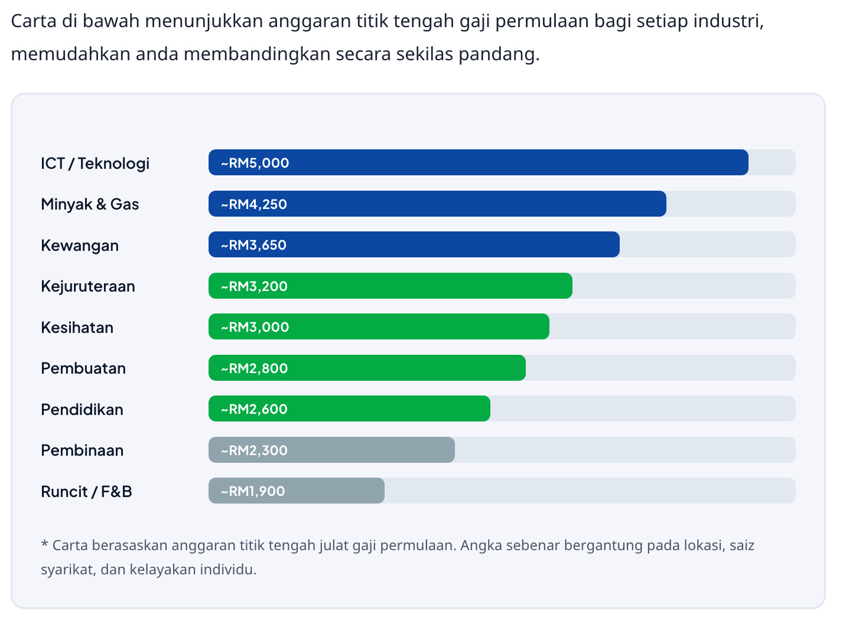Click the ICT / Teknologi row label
(95, 163)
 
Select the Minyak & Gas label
(90, 204)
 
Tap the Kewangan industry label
(80, 245)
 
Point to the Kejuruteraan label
(88, 286)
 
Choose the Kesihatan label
(77, 327)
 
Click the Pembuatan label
(83, 368)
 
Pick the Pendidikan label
(82, 409)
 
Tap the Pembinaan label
(82, 450)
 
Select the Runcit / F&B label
(86, 491)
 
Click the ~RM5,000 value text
(255, 163)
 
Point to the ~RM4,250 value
(254, 204)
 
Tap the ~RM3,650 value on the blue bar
(254, 245)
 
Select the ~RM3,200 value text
(255, 286)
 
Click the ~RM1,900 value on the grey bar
(253, 491)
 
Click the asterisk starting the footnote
(44, 544)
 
